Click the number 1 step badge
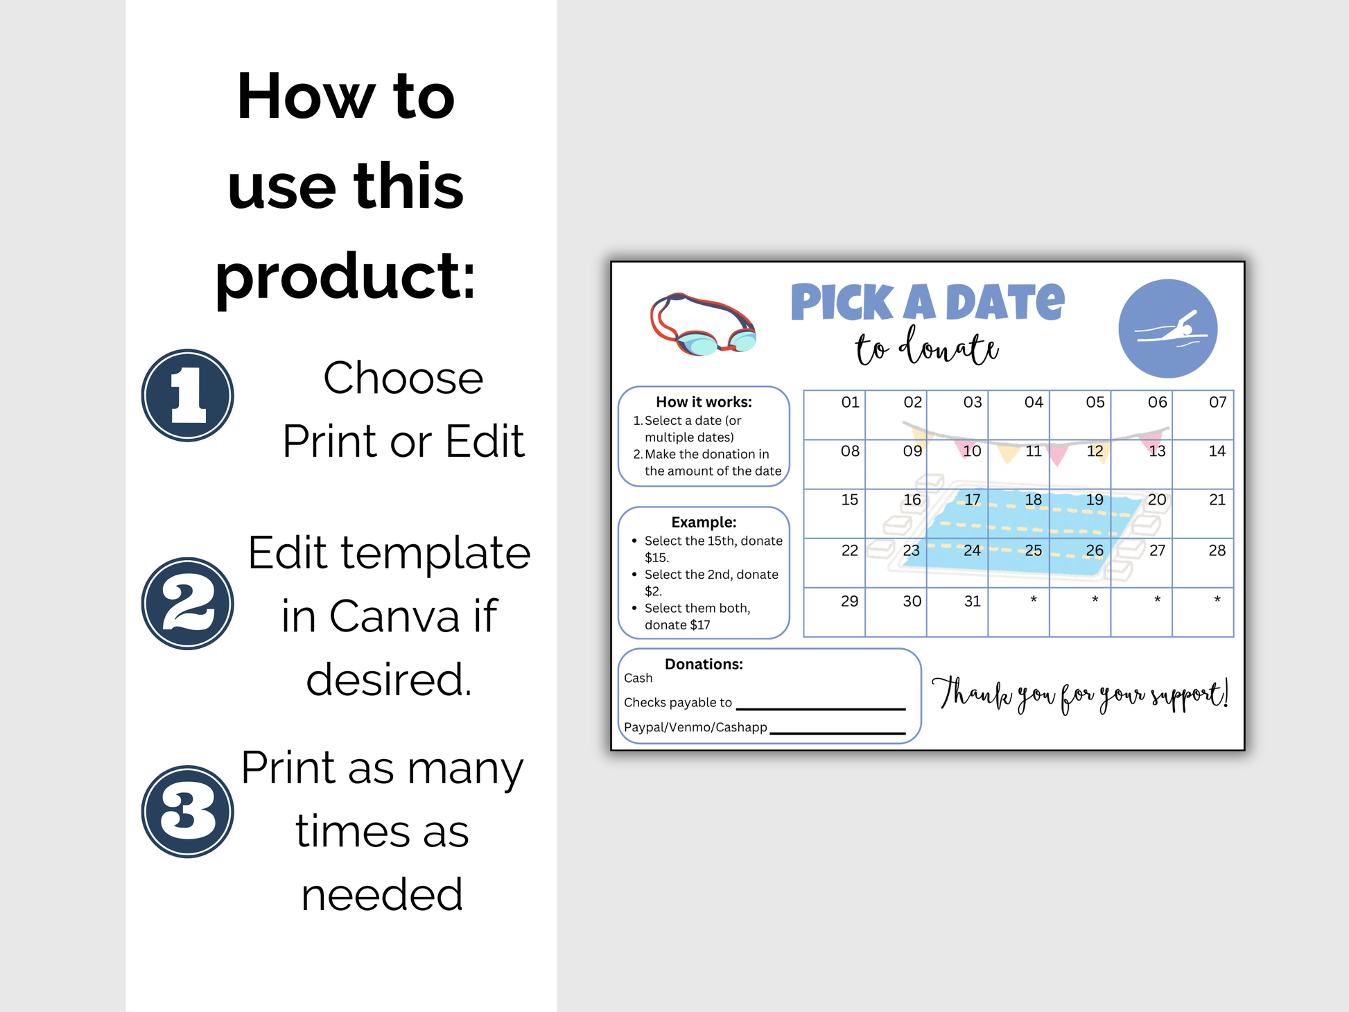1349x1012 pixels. (x=187, y=395)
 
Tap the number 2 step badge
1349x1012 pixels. (x=187, y=604)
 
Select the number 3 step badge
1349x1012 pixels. (x=187, y=812)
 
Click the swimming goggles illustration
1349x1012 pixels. (x=702, y=324)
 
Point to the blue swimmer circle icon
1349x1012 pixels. (x=1168, y=329)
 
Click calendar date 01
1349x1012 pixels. (x=850, y=402)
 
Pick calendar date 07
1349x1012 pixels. (x=1217, y=402)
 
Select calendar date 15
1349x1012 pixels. (x=849, y=500)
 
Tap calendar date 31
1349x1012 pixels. (x=972, y=601)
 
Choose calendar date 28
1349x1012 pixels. (x=1217, y=550)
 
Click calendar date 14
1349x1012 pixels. (x=1217, y=451)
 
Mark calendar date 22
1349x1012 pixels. (x=849, y=550)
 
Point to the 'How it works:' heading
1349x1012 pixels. (x=704, y=402)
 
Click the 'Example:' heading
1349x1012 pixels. (x=704, y=522)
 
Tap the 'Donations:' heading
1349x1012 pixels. (x=704, y=664)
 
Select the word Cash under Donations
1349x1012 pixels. (x=638, y=678)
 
